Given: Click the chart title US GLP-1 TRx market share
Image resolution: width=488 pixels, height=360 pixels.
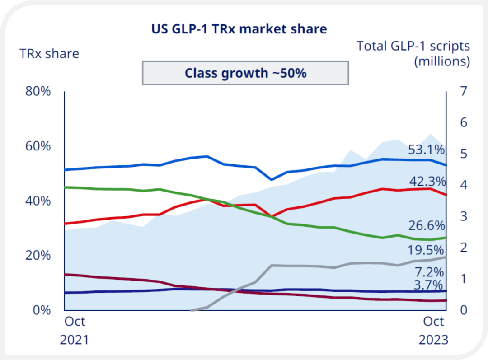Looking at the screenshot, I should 239,29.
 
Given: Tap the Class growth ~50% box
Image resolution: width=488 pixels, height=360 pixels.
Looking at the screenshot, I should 245,73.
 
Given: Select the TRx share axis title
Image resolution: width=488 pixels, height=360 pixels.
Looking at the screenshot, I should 49,54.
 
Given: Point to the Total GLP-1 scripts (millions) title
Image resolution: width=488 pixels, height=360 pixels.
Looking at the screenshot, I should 413,53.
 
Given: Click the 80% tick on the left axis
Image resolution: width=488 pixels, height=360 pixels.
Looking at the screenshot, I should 38,92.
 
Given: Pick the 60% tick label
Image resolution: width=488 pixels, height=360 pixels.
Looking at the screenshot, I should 38,146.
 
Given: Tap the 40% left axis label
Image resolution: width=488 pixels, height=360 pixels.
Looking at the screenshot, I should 38,201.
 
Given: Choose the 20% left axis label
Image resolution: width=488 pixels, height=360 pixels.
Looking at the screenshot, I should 38,256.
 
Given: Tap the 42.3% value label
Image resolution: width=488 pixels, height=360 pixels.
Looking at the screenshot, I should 427,182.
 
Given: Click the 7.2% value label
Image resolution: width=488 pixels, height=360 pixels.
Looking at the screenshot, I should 430,272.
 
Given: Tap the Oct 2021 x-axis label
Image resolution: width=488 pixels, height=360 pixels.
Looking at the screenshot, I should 74,330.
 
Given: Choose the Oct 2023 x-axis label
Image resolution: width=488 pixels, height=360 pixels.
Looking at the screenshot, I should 434,330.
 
